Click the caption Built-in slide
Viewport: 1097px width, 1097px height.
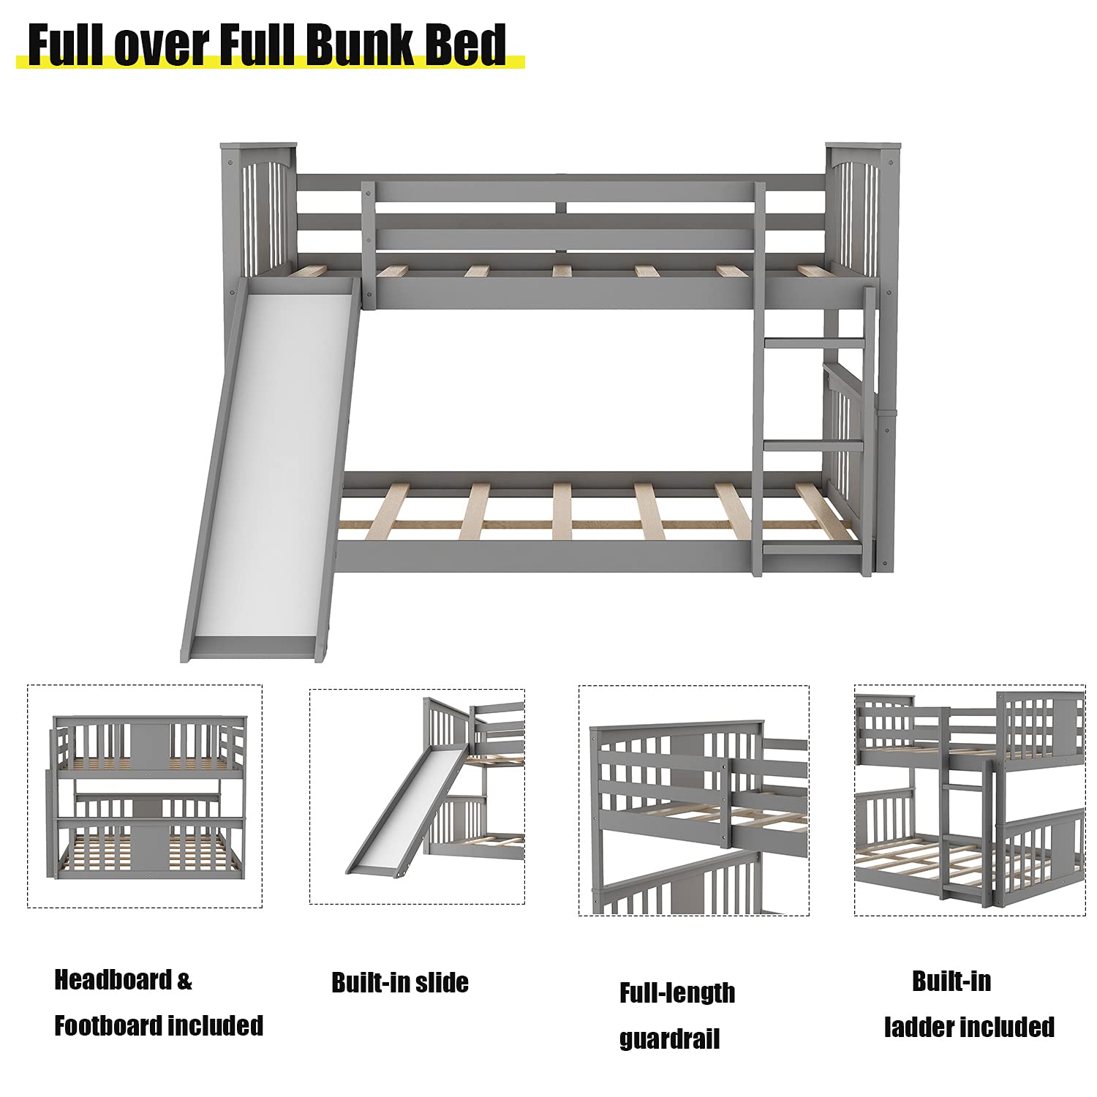tap(400, 982)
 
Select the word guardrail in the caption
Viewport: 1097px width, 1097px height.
tap(669, 1039)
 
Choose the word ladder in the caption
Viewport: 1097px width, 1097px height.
tap(920, 1027)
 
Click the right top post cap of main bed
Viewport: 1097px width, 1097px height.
tap(863, 145)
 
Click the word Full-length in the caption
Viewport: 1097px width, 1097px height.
tap(677, 992)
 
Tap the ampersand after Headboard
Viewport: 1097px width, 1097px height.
tap(185, 980)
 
